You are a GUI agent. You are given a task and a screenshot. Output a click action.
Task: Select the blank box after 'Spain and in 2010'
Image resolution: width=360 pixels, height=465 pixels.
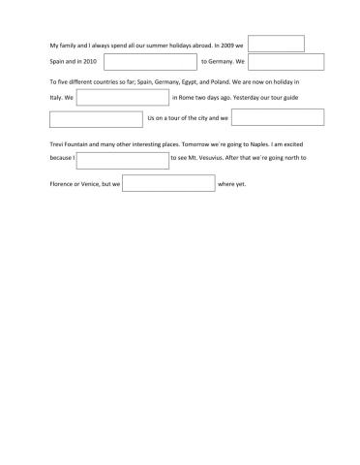coord(152,62)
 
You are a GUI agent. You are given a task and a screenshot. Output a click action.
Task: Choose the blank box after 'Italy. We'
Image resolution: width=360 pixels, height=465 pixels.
coord(122,98)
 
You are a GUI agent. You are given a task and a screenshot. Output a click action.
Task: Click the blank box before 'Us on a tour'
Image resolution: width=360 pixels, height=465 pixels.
coord(95,118)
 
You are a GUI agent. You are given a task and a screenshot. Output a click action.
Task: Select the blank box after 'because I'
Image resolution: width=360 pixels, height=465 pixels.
coord(122,161)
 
